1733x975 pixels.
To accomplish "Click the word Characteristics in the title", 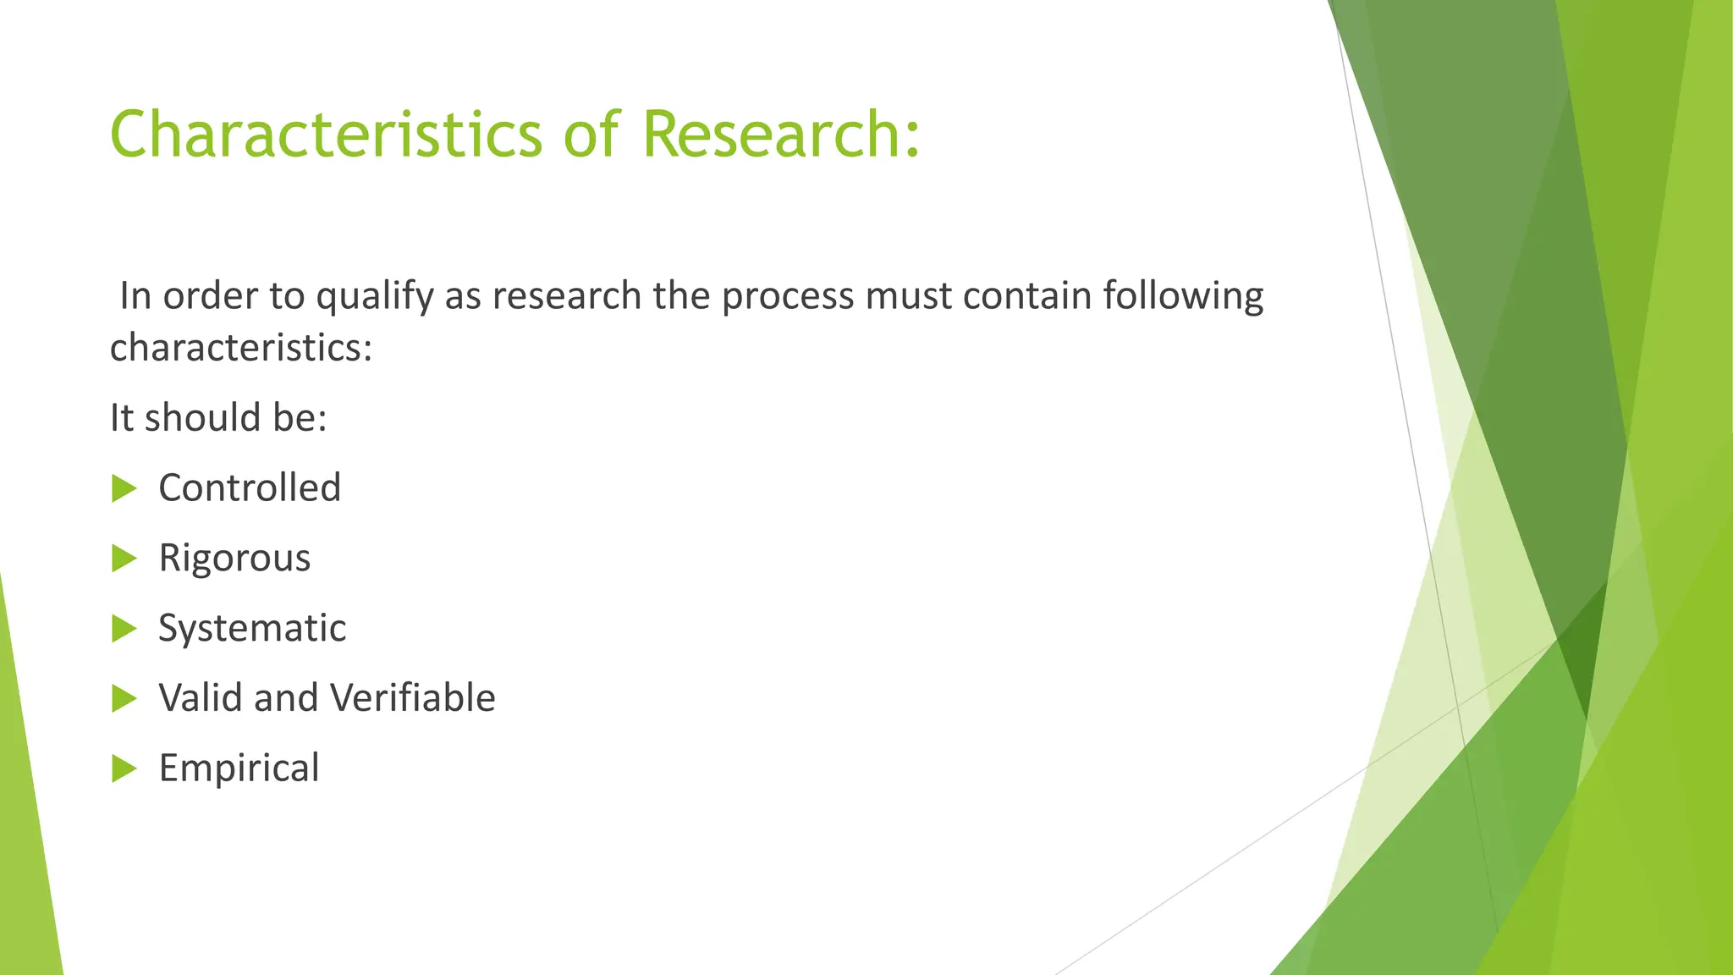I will [x=326, y=134].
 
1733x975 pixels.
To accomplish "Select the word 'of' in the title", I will [x=591, y=134].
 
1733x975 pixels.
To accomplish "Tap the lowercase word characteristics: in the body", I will [x=241, y=348].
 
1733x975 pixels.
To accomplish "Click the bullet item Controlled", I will [x=250, y=488].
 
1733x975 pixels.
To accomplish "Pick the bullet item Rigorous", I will [x=234, y=559].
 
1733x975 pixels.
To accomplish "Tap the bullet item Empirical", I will [x=239, y=768].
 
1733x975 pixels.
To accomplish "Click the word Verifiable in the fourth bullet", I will [x=412, y=698].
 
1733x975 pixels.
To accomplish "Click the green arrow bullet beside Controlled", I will [x=124, y=488].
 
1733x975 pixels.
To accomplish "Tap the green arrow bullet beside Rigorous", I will [x=124, y=559].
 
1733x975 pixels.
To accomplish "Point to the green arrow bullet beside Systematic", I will [x=124, y=629].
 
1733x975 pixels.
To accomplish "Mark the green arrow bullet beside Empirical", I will [x=124, y=768].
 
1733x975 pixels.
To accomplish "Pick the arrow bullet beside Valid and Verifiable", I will [x=124, y=698].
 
